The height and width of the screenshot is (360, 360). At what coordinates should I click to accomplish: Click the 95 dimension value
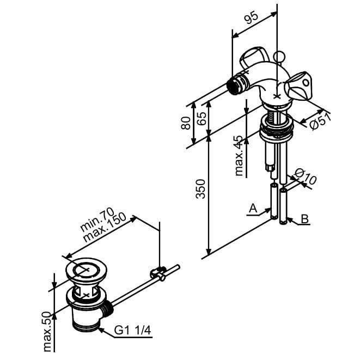tap(252, 17)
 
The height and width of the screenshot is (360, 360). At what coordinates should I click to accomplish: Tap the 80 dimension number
tap(186, 123)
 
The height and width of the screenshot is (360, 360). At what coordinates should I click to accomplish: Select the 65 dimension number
tap(202, 118)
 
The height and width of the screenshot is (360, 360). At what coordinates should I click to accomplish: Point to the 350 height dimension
tap(200, 189)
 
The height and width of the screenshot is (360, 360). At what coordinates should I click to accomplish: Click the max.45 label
tap(239, 156)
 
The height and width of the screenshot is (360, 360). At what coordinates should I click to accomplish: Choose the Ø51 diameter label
tap(320, 121)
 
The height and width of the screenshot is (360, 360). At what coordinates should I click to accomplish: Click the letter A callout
tap(253, 208)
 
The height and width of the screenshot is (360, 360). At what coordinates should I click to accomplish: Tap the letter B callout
tap(304, 218)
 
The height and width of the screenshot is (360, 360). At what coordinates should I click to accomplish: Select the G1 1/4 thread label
tap(133, 331)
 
